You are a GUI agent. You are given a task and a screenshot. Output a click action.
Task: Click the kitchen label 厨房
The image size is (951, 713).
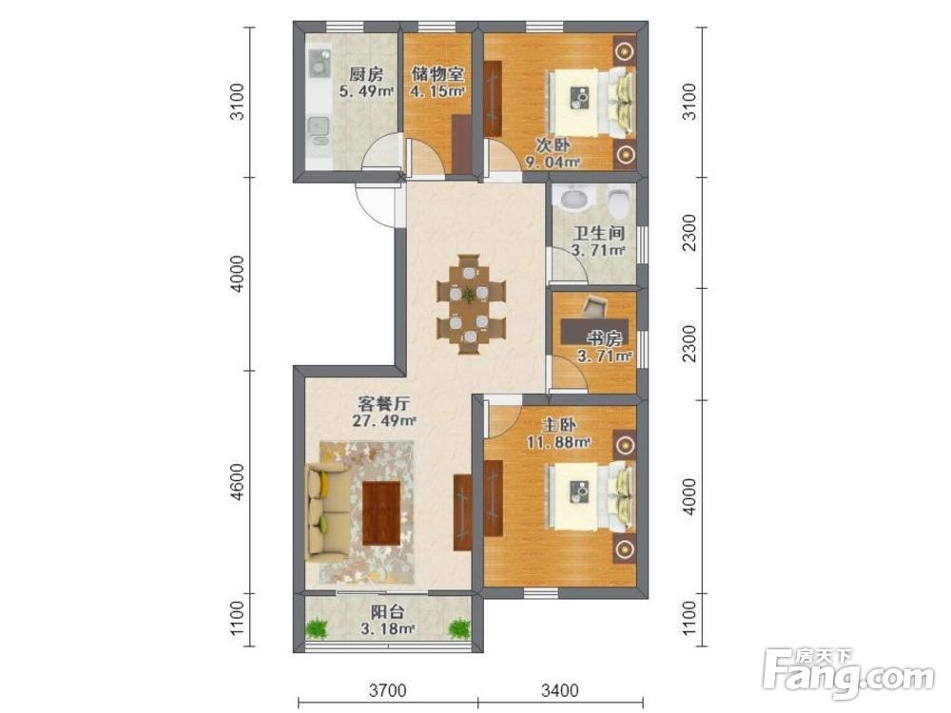coord(366,75)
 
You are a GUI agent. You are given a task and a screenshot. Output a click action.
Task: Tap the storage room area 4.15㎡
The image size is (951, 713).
coord(437,91)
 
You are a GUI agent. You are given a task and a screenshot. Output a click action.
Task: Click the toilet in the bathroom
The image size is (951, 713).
coord(619,202)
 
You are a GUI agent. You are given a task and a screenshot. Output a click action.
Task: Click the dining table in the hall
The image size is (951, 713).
coord(471,304)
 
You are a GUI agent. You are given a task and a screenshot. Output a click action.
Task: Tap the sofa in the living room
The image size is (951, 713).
coord(327,510)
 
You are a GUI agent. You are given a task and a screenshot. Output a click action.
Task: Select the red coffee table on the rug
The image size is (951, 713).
coord(381,512)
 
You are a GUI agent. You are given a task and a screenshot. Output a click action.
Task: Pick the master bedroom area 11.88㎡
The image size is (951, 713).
coord(558,442)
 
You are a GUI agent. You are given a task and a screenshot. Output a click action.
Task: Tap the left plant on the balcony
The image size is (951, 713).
coord(316,627)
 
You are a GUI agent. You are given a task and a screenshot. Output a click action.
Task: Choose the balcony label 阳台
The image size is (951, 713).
coord(387,611)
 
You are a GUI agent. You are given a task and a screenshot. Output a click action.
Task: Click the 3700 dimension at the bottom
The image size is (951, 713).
coord(388,689)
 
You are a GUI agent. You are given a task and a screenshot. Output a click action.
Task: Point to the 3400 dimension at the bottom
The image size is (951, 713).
coord(560,689)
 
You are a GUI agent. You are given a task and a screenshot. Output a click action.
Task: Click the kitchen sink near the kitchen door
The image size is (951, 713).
coord(319,129)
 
